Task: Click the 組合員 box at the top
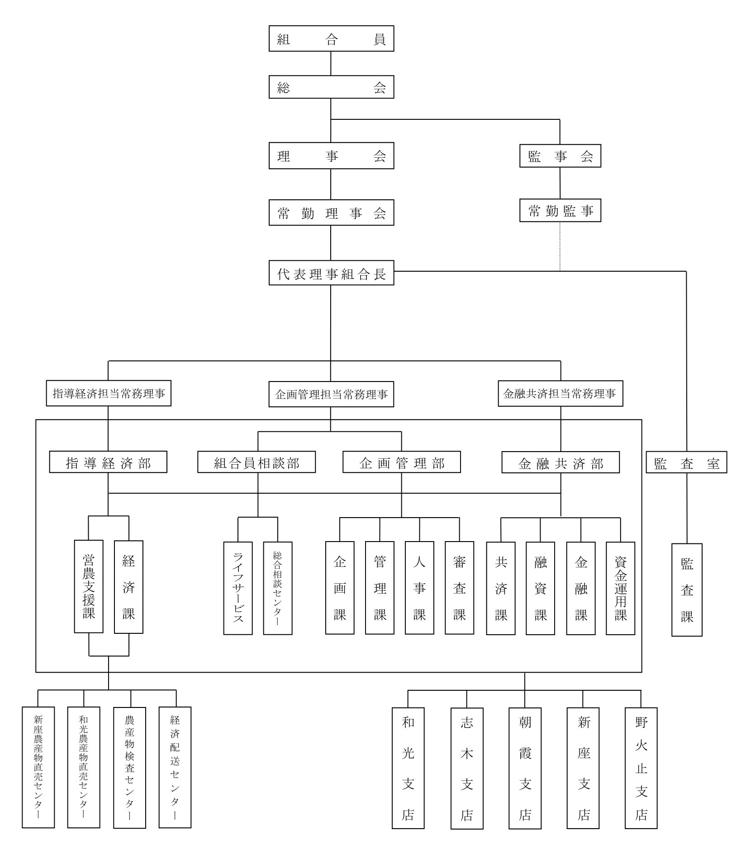331,39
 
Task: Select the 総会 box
331,87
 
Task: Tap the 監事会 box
560,156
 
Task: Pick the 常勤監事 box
560,211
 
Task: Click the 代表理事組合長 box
331,273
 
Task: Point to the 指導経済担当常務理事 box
109,393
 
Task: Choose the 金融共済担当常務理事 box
560,394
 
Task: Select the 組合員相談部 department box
257,462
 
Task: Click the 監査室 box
686,462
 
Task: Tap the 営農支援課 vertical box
89,586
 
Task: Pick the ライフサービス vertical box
238,588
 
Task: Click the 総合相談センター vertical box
278,588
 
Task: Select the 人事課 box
419,588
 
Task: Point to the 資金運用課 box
620,588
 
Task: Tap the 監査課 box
687,590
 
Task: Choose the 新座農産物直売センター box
38,767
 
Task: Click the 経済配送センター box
175,767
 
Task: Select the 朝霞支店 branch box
525,768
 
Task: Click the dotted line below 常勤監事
560,246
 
